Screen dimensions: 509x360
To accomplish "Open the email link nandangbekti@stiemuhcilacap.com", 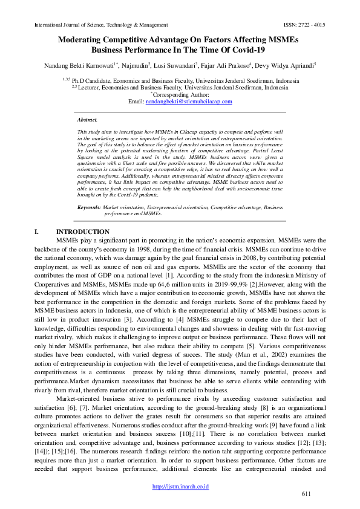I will (x=189, y=102).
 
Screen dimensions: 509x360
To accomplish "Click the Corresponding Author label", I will (x=182, y=94).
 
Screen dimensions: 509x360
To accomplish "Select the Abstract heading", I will (x=88, y=120).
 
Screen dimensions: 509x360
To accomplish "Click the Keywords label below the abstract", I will (x=89, y=207).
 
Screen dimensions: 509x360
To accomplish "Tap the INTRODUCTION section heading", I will (x=83, y=232).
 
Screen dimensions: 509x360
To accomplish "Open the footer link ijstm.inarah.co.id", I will (x=180, y=485).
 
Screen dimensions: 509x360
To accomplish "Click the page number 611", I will (x=306, y=494).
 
